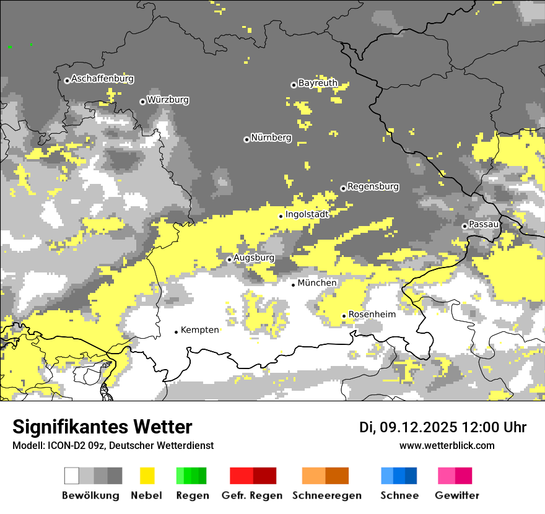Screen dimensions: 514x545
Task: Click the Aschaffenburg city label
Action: (x=102, y=79)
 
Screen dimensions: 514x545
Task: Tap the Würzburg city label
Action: (x=168, y=100)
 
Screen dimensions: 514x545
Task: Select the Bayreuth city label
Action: (x=318, y=83)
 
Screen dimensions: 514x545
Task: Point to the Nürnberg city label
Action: (x=271, y=137)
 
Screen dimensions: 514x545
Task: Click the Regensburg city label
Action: (x=373, y=186)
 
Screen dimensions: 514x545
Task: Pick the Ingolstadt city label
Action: (x=307, y=214)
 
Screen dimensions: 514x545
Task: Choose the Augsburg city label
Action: (x=254, y=258)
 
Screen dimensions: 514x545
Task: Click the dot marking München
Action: (x=294, y=285)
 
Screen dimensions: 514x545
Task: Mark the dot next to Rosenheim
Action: (x=344, y=316)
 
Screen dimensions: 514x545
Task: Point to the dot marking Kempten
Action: (x=176, y=332)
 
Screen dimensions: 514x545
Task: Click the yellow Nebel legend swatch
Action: (x=147, y=476)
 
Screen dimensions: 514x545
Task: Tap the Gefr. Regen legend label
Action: (x=252, y=495)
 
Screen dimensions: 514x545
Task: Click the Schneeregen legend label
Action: (x=327, y=495)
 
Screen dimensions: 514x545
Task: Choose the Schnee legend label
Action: (x=399, y=495)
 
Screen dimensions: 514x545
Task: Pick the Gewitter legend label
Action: (x=457, y=495)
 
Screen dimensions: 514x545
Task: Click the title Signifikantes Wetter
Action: (x=102, y=427)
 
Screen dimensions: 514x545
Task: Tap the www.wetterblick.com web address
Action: (x=447, y=445)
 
